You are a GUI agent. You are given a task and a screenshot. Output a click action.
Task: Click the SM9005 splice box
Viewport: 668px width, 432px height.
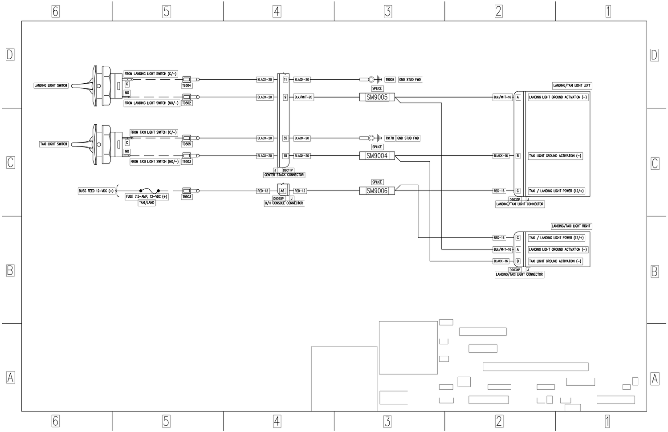point(377,97)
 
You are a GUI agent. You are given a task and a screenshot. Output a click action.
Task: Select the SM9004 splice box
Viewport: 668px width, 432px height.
point(377,156)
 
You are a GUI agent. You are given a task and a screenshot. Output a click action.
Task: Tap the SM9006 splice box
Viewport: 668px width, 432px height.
point(377,191)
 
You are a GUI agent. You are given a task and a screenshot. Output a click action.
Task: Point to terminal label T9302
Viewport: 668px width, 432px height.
point(187,103)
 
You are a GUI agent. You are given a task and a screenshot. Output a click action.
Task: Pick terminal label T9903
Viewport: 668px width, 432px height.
point(187,196)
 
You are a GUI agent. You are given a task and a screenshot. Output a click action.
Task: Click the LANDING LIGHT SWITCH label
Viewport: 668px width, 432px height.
point(51,86)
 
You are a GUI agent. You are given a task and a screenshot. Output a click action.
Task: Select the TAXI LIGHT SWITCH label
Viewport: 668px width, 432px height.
point(53,144)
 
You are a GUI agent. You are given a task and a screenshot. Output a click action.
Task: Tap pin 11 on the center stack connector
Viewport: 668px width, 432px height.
point(285,80)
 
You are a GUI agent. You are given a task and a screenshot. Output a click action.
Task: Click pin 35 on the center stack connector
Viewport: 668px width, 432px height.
point(285,138)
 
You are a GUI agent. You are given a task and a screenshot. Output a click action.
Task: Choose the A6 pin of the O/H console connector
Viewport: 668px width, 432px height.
point(282,191)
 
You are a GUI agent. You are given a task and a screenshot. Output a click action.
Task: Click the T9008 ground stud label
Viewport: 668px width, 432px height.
point(390,80)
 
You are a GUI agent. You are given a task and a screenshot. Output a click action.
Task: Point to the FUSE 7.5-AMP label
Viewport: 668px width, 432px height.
point(147,196)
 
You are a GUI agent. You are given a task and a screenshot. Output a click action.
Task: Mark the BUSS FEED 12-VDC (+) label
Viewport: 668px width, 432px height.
point(96,191)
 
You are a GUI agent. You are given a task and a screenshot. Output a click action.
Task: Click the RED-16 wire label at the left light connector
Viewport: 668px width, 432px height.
point(499,191)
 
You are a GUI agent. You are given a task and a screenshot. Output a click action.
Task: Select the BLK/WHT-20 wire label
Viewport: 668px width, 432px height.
point(303,97)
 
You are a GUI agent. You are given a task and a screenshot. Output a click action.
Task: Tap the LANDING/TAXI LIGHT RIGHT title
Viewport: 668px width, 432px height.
point(571,226)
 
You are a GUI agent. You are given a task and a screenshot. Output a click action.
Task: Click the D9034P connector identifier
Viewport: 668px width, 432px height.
point(515,269)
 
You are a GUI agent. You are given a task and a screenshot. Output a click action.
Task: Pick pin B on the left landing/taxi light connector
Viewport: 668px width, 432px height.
point(517,156)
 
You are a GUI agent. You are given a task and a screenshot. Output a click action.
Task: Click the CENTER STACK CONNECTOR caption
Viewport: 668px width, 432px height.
point(284,175)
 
